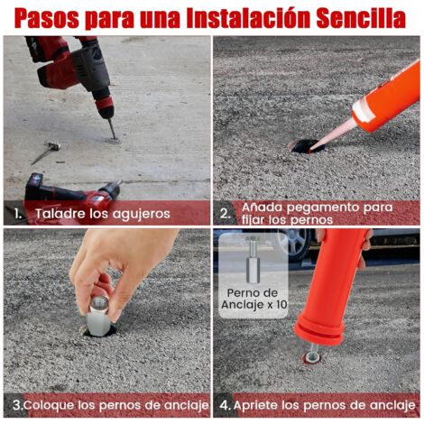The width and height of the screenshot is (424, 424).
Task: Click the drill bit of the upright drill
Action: (111, 127)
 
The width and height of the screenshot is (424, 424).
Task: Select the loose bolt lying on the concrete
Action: (44, 152)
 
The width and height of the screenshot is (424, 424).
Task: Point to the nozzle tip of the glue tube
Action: (318, 143)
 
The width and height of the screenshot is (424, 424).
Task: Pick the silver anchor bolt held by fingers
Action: (98, 314)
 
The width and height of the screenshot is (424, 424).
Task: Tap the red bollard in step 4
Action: (332, 289)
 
